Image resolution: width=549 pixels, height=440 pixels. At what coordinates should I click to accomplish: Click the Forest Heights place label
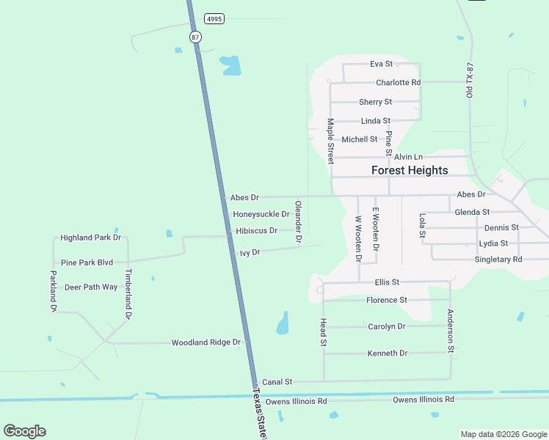(x=410, y=170)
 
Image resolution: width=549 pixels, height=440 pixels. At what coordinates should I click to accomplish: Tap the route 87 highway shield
(x=194, y=37)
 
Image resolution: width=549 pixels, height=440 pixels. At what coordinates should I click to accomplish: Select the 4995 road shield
(x=214, y=19)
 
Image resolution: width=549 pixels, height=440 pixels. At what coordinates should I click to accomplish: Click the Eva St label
(x=381, y=64)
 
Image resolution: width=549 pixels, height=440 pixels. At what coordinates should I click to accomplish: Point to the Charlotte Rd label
(x=398, y=83)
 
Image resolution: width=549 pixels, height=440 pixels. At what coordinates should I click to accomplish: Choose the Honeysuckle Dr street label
(x=261, y=214)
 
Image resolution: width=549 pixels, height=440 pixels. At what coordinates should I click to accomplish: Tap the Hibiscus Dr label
(x=257, y=230)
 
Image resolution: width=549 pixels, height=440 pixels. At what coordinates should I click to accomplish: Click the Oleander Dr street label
(x=298, y=221)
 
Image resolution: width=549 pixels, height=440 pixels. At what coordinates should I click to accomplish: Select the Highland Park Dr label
(x=90, y=238)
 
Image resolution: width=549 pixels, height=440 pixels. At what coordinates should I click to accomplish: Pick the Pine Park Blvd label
(x=87, y=263)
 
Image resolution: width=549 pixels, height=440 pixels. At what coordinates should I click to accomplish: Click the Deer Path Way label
(x=91, y=287)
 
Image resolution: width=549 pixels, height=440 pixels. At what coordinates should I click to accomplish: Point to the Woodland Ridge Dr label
(x=206, y=342)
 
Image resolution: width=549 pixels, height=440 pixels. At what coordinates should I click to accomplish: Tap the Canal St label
(x=277, y=382)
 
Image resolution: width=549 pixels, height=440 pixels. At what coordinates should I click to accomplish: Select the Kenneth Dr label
(x=387, y=353)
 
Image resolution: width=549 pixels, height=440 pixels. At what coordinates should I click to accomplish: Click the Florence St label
(x=387, y=300)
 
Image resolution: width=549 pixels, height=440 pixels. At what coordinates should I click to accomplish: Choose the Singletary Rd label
(x=498, y=260)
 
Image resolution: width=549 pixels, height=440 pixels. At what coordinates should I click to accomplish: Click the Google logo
(x=24, y=431)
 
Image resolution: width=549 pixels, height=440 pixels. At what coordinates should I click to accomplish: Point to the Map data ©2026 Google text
(x=503, y=434)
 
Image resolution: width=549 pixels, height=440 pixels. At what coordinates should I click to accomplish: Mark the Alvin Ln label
(x=408, y=157)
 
